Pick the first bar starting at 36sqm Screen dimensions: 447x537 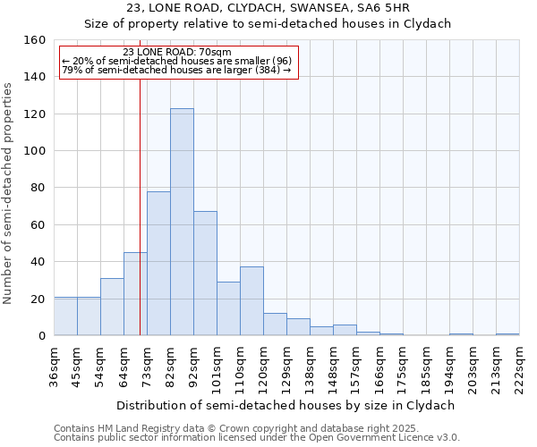click(x=65, y=316)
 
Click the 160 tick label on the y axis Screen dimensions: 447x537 click(x=34, y=40)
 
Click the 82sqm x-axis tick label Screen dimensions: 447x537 click(x=171, y=365)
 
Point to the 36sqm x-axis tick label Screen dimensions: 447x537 click(x=55, y=365)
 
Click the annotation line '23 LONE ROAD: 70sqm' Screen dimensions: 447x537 click(x=177, y=52)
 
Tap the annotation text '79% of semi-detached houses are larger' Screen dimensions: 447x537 click(x=176, y=70)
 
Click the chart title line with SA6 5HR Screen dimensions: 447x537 click(x=268, y=8)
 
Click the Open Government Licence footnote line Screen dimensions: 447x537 click(x=257, y=437)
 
